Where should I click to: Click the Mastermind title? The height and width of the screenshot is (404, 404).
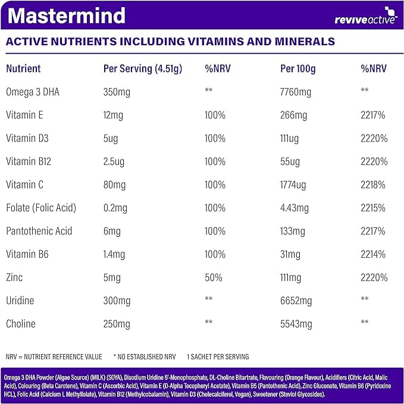pos(67,16)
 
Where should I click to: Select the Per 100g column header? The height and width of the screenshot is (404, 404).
pos(297,69)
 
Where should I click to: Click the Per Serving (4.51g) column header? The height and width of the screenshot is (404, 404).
pos(143,69)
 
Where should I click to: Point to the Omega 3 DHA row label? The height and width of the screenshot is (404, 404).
pos(33,92)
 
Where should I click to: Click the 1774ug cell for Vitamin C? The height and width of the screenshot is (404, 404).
pos(294,184)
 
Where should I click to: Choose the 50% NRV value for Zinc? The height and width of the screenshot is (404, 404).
pos(214,277)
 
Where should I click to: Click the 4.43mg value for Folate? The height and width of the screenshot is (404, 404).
pos(294,208)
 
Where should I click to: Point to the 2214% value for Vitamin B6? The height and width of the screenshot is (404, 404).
pos(374,254)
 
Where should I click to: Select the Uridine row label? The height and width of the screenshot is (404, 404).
pos(21,300)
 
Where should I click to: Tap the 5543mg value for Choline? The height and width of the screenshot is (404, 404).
pos(296,324)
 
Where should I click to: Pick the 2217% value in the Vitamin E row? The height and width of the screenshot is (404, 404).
pos(374,115)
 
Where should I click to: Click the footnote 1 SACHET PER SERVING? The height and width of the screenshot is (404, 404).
pos(217,357)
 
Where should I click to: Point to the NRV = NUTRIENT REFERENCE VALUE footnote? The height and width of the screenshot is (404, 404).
pos(54,357)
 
